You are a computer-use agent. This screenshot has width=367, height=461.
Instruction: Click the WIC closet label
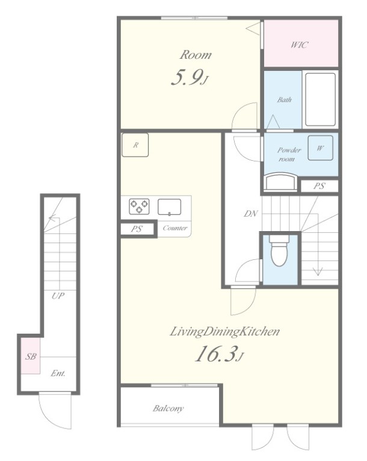(300, 45)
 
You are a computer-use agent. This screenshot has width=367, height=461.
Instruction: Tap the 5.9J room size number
(190, 78)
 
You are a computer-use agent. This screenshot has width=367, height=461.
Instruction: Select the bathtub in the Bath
(320, 100)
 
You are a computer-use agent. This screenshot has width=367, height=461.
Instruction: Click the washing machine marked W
(321, 148)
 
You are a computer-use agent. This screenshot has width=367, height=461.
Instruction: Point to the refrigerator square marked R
(135, 145)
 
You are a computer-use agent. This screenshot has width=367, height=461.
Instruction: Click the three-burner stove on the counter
(139, 206)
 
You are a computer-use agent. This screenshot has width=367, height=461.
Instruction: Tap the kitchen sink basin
(170, 207)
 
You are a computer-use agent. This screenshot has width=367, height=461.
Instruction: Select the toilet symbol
(279, 250)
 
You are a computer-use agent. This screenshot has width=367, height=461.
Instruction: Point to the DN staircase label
(250, 214)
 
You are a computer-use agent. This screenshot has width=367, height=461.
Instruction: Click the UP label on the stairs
(58, 295)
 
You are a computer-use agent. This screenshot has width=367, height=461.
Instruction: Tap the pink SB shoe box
(30, 356)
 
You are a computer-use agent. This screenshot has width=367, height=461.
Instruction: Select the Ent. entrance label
(58, 373)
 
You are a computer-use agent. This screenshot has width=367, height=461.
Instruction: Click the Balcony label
(168, 408)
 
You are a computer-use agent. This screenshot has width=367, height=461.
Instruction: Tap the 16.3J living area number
(220, 354)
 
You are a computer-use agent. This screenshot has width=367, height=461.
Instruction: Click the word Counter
(175, 228)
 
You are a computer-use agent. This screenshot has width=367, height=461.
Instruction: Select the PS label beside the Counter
(137, 229)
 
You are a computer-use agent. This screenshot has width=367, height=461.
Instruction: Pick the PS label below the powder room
(319, 186)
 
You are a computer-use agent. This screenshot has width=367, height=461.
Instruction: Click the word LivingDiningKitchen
(224, 331)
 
